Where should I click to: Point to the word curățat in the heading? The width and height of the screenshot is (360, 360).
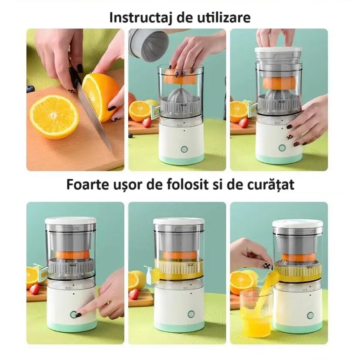click(x=270, y=185)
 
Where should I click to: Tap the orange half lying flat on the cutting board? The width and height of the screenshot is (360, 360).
click(x=54, y=117)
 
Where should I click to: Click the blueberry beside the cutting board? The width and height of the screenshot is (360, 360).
click(x=30, y=89)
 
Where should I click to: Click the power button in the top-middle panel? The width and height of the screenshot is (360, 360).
click(x=184, y=149)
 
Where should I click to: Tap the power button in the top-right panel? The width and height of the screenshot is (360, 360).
click(x=282, y=148)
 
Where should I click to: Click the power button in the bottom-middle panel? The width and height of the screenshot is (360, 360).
click(x=191, y=314)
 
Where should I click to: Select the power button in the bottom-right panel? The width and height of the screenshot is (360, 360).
click(x=311, y=315)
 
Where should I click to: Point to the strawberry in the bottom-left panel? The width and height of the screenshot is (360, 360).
click(x=34, y=289)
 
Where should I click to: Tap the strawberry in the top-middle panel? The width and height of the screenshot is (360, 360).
click(x=147, y=123)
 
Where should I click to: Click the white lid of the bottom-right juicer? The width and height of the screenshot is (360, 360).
click(x=298, y=224)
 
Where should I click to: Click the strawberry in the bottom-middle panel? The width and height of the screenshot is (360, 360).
click(x=134, y=294)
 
